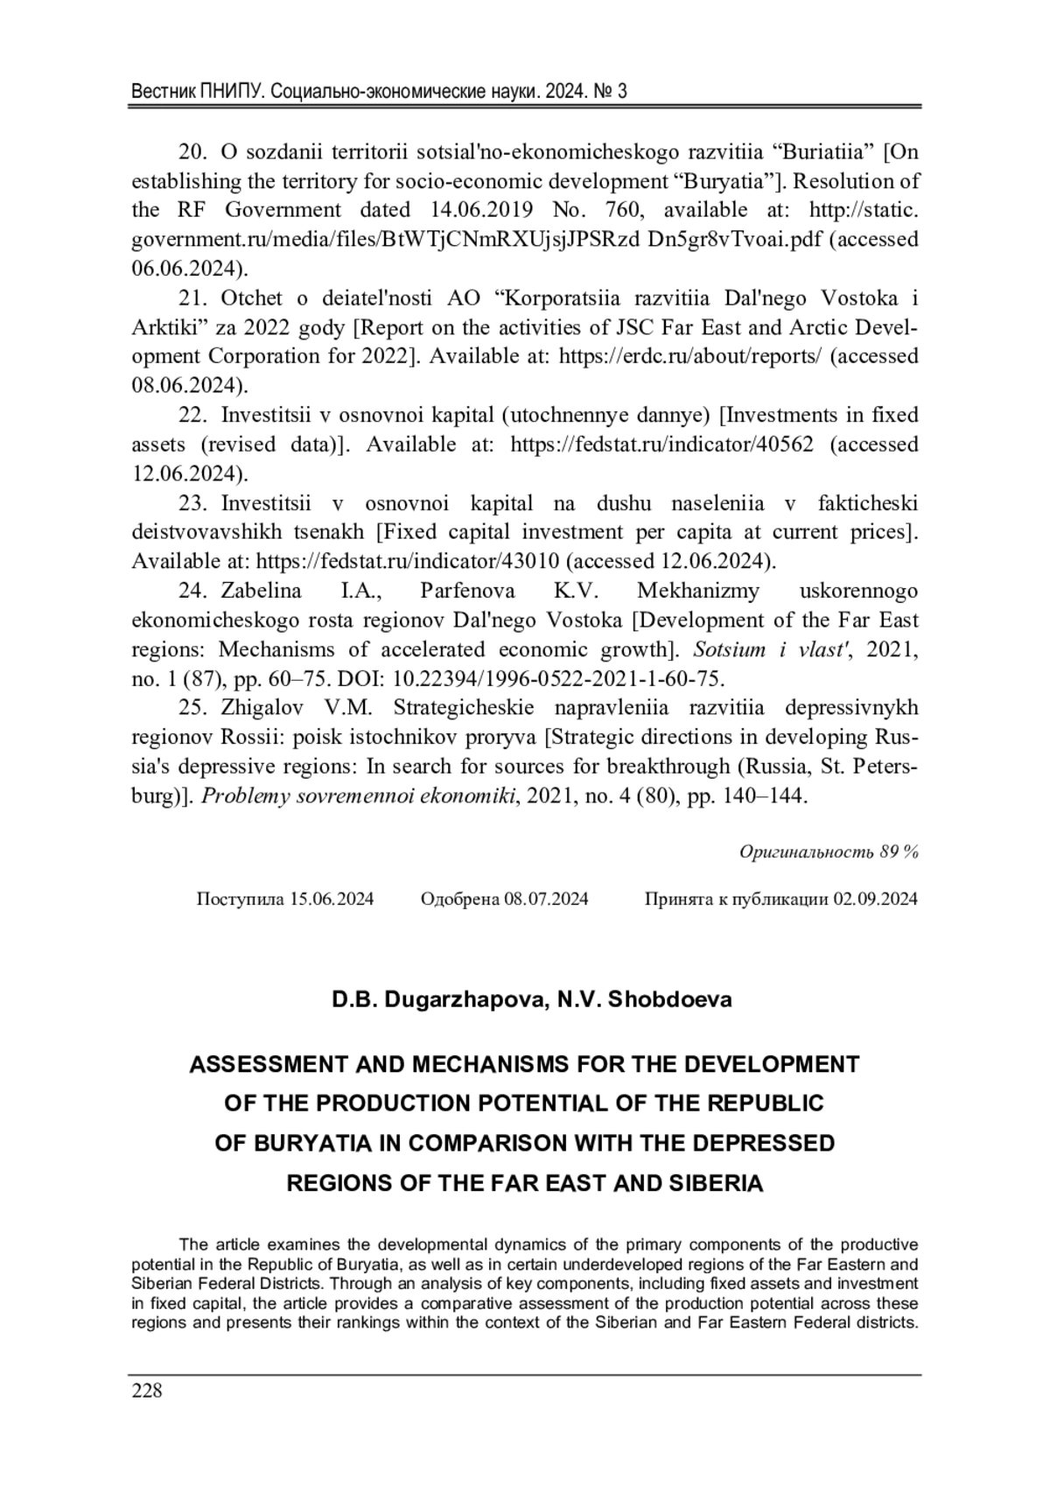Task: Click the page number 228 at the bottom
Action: (x=147, y=1391)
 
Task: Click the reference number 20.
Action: (x=192, y=152)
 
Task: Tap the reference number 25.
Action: (x=192, y=707)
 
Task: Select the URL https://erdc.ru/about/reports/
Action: (x=689, y=356)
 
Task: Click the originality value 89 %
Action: (x=899, y=851)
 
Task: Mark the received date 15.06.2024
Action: (x=332, y=900)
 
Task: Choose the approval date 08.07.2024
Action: (x=546, y=900)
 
